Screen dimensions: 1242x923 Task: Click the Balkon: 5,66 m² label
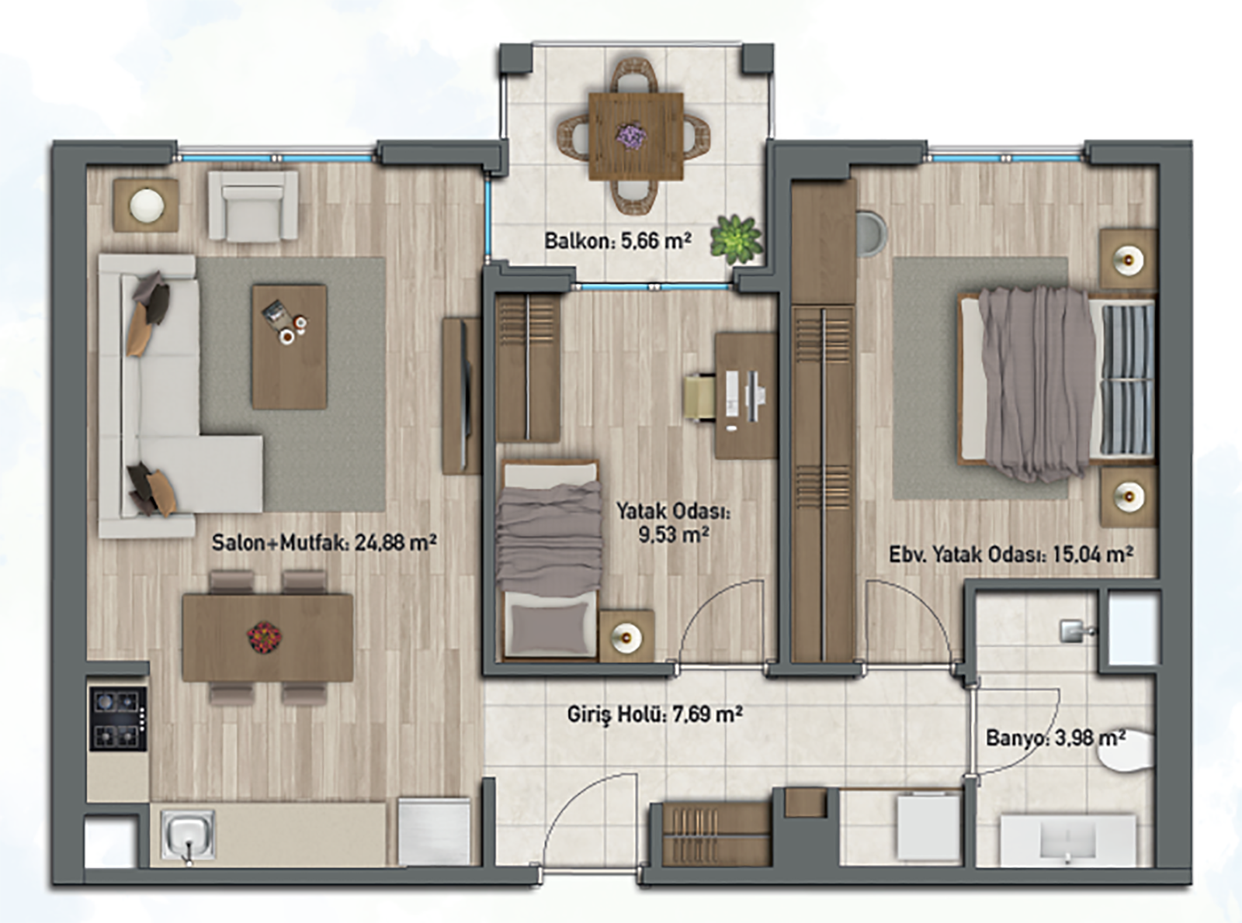(x=618, y=241)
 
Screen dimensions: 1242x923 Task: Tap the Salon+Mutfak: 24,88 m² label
(x=324, y=542)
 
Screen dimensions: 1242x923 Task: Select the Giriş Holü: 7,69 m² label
(x=655, y=714)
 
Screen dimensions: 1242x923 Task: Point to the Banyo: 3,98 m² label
(x=1056, y=738)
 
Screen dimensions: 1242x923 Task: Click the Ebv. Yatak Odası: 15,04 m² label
(x=1011, y=554)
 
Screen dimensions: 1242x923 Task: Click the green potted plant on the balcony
(x=737, y=240)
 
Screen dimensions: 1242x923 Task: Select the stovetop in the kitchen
(x=118, y=719)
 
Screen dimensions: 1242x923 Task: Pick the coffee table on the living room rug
(x=290, y=347)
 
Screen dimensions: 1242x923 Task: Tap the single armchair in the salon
(x=253, y=206)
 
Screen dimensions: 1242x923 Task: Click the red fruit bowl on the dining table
(x=264, y=637)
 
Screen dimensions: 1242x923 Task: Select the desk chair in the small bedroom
(x=700, y=398)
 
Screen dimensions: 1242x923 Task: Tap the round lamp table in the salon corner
(x=147, y=205)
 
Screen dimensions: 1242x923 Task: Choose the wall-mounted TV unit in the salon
(x=461, y=397)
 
